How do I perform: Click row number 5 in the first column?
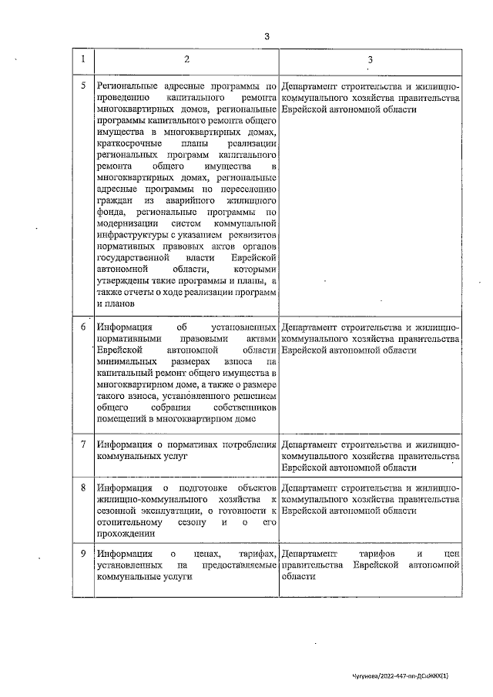83,85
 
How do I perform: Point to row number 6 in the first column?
83,326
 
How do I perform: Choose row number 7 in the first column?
83,444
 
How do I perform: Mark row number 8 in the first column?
83,488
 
